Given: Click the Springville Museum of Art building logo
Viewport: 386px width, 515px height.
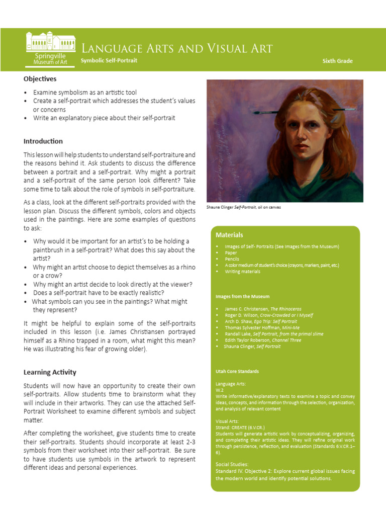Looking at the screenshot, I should [x=50, y=49].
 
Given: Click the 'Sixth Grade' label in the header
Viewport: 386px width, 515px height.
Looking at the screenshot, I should [x=337, y=61].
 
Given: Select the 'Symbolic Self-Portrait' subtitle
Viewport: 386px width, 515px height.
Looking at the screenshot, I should [x=109, y=60].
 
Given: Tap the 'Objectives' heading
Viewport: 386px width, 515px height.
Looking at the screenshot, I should [x=40, y=79].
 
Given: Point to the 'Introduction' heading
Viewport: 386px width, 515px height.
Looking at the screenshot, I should [x=43, y=141].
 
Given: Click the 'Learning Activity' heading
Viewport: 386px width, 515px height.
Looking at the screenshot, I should [x=50, y=373].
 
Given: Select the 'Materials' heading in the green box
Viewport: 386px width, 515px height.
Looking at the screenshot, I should [x=229, y=235].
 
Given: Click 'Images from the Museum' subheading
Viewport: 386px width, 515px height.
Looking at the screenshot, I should [x=242, y=297].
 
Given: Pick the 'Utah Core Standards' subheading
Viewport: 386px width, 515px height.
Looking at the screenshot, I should [x=237, y=372].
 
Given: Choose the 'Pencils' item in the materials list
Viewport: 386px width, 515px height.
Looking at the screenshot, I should [x=232, y=259].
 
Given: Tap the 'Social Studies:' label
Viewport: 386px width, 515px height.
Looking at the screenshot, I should [x=233, y=464].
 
